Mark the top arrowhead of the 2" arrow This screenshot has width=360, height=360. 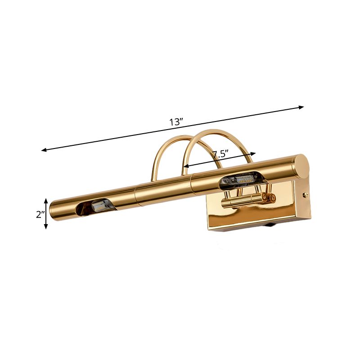46,200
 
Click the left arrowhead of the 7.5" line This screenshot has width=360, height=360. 184,167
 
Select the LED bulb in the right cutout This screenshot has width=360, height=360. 243,179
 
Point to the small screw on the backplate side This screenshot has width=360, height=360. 306,195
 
